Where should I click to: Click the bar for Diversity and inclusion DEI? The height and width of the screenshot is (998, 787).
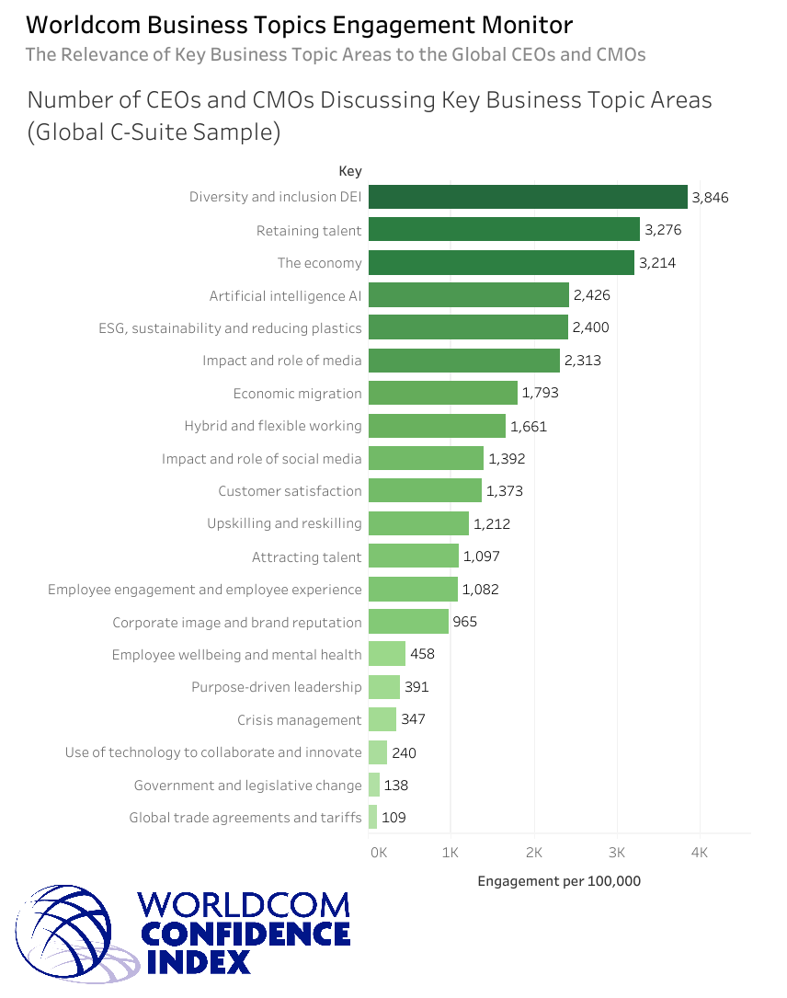pos(528,197)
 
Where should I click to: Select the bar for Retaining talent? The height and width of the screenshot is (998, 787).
pos(504,230)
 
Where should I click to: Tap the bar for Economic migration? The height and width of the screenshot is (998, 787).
pos(442,393)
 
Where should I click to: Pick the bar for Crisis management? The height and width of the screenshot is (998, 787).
pos(382,719)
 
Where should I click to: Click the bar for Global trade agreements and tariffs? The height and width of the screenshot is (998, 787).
pos(373,817)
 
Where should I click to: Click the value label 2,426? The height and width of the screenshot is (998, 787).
pos(591,295)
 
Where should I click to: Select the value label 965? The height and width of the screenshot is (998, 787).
pos(465,622)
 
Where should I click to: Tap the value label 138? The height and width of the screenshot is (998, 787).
pos(396,786)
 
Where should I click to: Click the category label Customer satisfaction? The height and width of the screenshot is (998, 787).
pos(290,491)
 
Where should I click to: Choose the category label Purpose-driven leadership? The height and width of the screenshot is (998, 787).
pos(277,687)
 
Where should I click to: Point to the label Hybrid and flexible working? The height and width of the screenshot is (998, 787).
pos(273,426)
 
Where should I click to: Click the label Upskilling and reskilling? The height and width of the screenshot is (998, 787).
pos(284,523)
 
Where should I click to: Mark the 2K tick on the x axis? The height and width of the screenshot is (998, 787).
pos(534,853)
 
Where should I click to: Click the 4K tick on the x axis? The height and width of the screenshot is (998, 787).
pos(699,853)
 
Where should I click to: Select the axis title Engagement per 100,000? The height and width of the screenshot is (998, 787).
pos(559,881)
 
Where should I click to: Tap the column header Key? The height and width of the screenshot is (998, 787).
pos(350,171)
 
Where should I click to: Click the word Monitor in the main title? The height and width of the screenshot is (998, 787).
pos(518,25)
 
